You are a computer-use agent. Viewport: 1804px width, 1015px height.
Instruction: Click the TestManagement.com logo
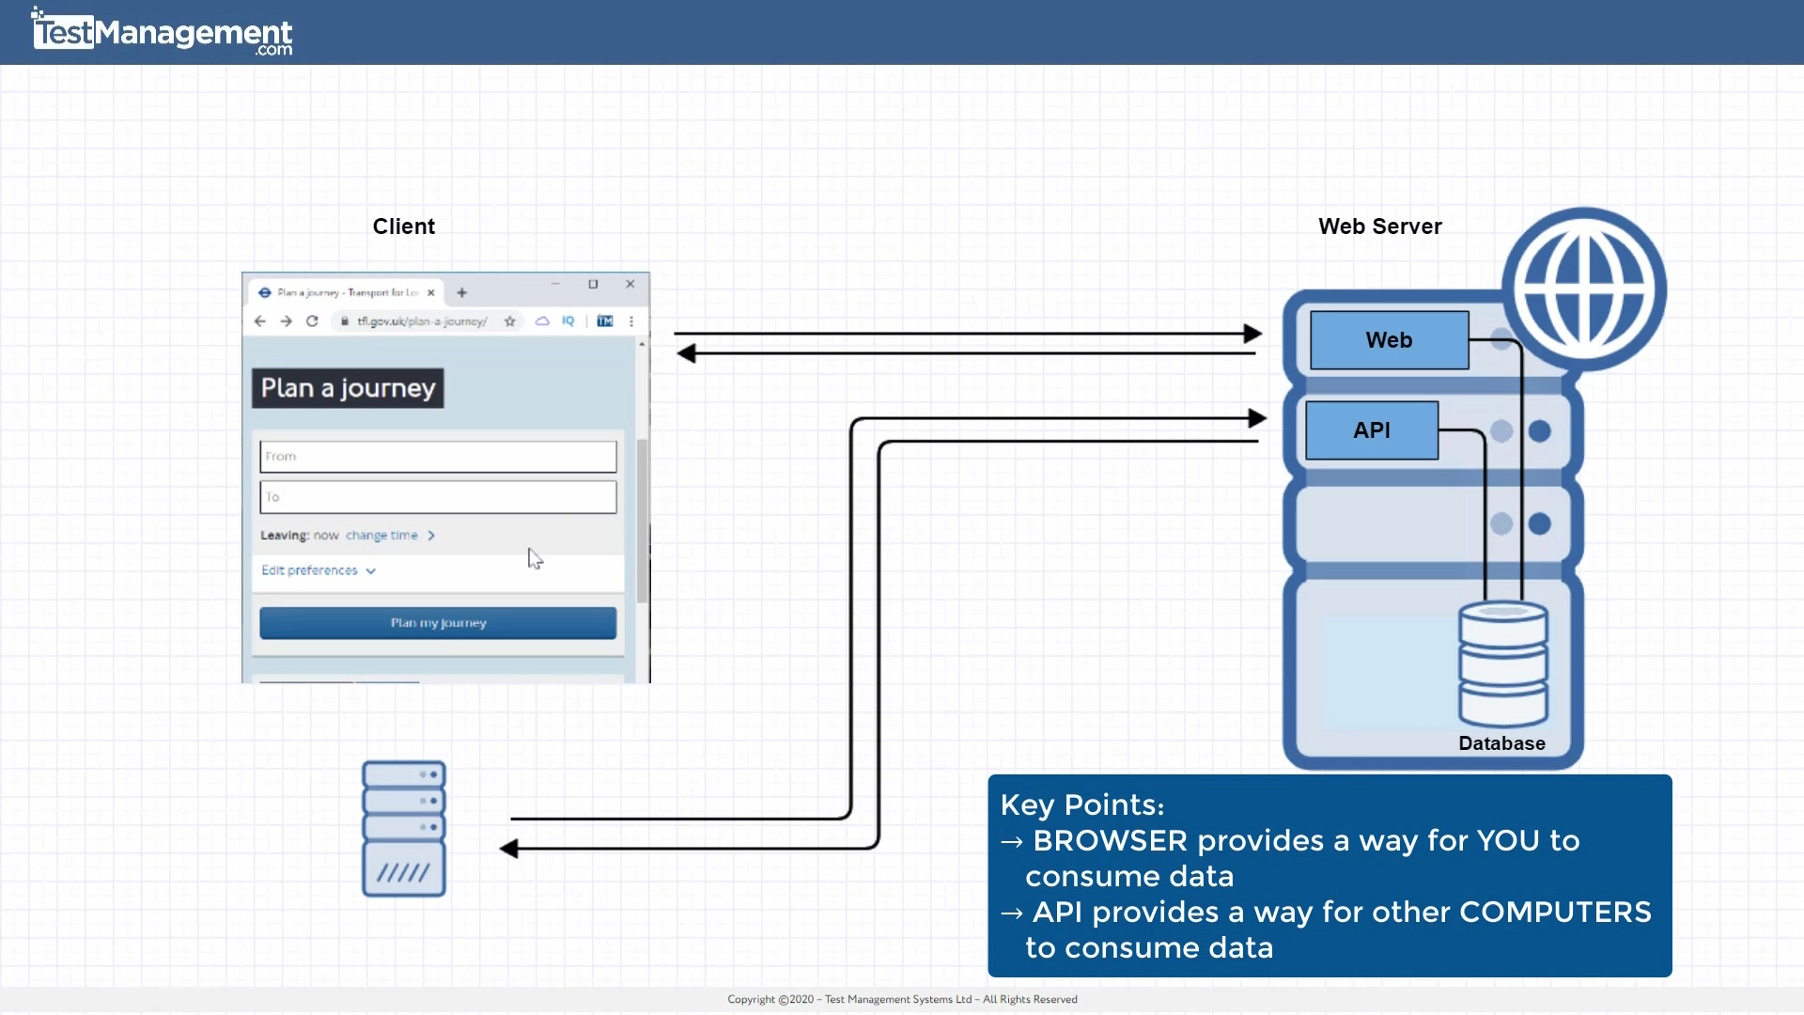click(162, 33)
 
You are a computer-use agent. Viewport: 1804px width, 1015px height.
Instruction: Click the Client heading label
click(403, 226)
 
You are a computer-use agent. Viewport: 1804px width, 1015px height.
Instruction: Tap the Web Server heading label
click(1379, 226)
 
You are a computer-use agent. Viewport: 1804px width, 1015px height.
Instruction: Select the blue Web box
click(1389, 340)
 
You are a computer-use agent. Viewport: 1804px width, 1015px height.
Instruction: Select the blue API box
click(1371, 430)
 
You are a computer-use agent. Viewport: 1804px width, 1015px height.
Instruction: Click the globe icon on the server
click(1583, 289)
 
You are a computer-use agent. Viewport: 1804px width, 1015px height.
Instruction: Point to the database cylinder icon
click(1502, 663)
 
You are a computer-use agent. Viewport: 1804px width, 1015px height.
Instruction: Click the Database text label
click(1501, 743)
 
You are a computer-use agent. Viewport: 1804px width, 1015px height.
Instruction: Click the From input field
click(438, 457)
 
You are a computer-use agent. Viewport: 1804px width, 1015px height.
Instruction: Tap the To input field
click(438, 497)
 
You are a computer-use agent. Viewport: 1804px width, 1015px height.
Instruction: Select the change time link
click(381, 536)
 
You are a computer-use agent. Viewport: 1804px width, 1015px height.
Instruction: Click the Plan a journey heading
click(348, 388)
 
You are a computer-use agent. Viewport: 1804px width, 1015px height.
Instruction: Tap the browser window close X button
click(630, 284)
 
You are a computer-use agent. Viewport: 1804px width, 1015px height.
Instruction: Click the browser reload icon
click(312, 321)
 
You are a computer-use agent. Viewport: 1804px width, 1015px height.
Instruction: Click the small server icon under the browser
click(404, 829)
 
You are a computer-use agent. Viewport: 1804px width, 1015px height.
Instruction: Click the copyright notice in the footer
click(902, 999)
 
